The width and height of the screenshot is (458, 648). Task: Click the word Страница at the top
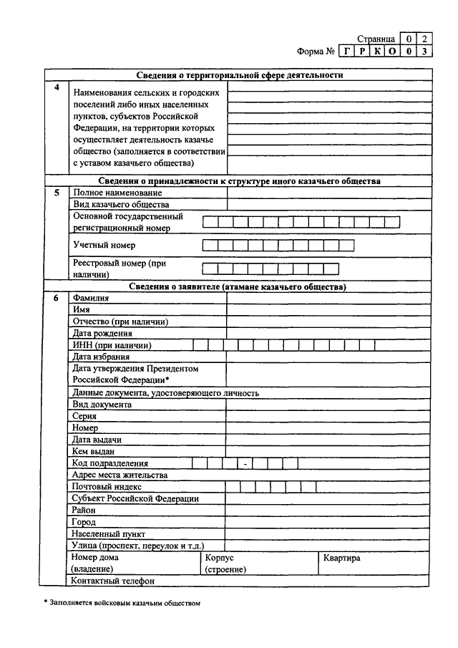(376, 39)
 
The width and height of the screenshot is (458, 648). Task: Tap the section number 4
(57, 87)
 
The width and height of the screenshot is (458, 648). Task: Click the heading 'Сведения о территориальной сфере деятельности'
(240, 74)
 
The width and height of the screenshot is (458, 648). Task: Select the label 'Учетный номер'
(104, 246)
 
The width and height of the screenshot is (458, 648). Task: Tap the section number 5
(57, 193)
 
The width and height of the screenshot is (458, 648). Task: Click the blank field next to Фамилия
(329, 298)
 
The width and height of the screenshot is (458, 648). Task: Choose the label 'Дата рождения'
(102, 333)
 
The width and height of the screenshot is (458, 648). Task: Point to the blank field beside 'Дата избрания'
(329, 357)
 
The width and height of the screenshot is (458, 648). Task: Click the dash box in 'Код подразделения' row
(245, 463)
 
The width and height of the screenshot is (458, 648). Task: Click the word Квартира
(342, 557)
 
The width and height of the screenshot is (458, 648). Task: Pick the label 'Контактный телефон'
(113, 581)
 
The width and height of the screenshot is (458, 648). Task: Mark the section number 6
(57, 298)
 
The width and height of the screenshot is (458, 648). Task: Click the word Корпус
(219, 557)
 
